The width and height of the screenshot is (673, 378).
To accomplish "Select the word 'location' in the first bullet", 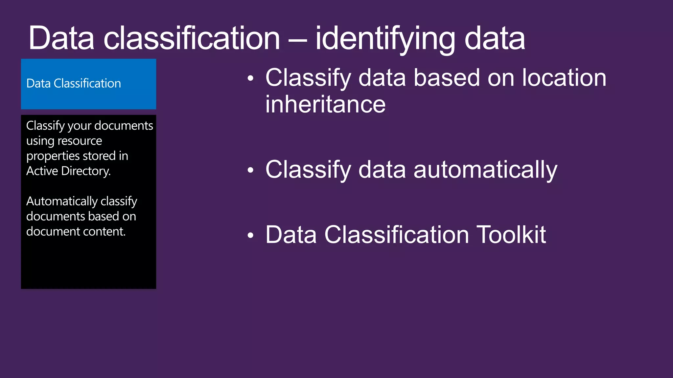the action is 564,78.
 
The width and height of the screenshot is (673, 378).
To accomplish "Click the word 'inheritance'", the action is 325,104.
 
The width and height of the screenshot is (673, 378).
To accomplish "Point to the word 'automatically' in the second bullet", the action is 485,170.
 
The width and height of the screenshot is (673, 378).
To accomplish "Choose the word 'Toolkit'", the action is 511,235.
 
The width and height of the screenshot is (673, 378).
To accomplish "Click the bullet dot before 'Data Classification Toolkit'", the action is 251,235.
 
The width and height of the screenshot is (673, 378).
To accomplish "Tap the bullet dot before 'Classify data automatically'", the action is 251,170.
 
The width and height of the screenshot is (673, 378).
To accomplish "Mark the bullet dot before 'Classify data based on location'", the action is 251,78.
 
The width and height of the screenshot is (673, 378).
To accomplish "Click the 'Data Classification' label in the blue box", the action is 74,84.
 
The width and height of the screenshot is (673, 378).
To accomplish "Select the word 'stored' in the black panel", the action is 100,156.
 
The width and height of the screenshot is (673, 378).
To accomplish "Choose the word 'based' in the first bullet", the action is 447,78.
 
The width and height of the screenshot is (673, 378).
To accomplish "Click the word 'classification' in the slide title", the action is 192,39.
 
